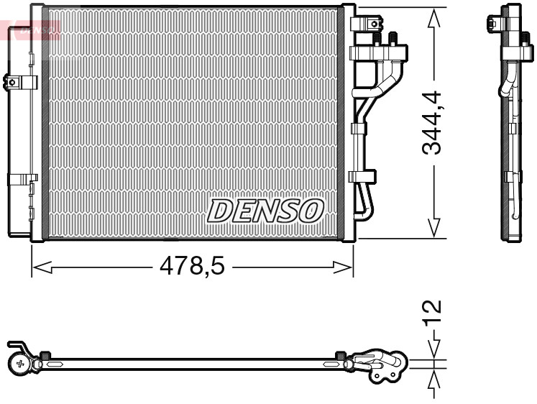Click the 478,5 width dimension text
coord(192,267)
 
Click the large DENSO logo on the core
coord(265,210)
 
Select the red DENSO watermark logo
coord(32,30)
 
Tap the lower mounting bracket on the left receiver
coord(22,179)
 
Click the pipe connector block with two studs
coord(378,52)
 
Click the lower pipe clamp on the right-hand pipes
coord(362,175)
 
